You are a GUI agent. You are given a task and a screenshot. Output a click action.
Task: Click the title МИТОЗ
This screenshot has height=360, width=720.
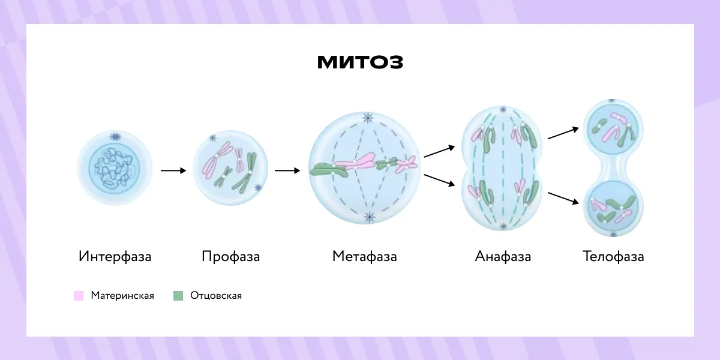tap(360, 62)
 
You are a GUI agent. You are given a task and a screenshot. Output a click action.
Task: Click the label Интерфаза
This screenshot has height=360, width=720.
tap(115, 257)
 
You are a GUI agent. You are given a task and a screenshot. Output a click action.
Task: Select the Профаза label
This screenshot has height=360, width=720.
tap(231, 257)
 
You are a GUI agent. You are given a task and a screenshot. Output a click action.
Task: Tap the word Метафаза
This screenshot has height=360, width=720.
tap(365, 257)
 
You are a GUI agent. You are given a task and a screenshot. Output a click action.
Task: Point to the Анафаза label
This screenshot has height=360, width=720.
tap(503, 257)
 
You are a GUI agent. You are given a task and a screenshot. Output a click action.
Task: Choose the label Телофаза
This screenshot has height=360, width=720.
tap(613, 257)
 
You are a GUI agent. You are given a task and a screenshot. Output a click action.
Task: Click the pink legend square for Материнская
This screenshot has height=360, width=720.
tap(79, 296)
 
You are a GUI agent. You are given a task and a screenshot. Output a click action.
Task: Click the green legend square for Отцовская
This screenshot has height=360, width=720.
tap(178, 296)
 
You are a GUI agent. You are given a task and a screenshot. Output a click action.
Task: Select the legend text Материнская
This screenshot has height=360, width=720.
tap(122, 295)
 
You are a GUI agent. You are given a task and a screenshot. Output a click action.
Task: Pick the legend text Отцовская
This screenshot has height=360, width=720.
tap(216, 295)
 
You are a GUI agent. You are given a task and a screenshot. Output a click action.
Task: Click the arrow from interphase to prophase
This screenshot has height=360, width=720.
tap(173, 170)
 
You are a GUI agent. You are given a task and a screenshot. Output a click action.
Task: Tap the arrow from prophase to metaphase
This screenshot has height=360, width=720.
tap(287, 170)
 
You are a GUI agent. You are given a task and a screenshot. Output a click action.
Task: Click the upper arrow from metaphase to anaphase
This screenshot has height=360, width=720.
tap(439, 151)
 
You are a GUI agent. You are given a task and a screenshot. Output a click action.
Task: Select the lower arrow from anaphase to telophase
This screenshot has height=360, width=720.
tap(563, 198)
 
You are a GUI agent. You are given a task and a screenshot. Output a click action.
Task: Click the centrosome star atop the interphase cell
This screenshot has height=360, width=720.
tap(115, 137)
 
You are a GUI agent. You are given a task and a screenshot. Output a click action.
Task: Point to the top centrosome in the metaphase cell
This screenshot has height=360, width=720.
tap(368, 118)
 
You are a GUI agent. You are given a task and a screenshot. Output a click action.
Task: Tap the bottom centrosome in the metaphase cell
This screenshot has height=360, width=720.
tap(370, 217)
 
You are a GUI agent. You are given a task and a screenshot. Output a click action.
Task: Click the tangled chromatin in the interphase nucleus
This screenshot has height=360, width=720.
tap(113, 167)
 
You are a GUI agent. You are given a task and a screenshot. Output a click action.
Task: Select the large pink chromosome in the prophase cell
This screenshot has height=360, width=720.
tap(217, 160)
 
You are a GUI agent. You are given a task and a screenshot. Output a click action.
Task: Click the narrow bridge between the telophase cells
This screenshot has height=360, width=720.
tap(613, 168)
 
